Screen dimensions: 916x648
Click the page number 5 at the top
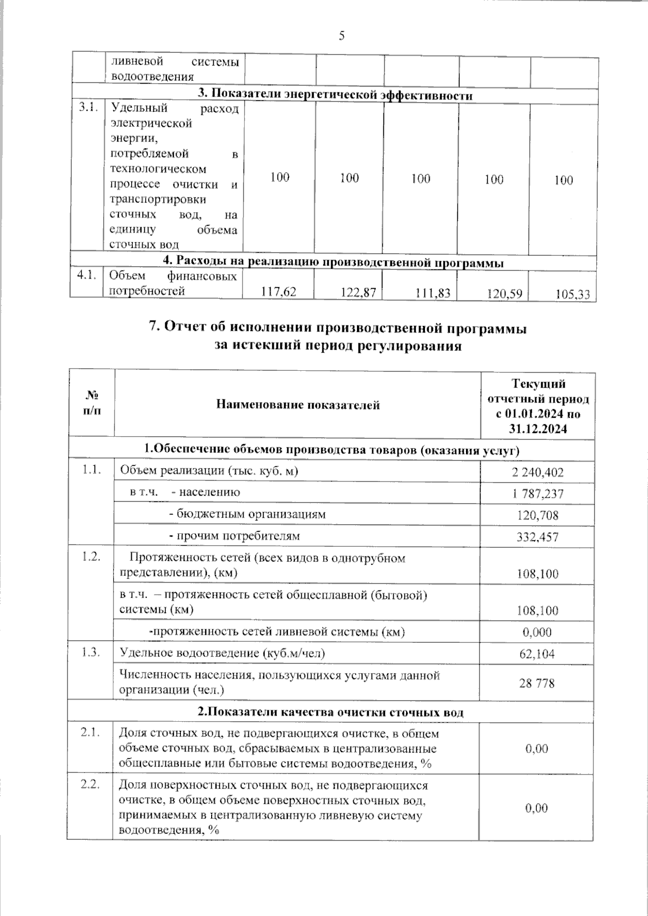[x=341, y=37]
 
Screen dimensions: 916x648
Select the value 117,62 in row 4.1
[x=279, y=292]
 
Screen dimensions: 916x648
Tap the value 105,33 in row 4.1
[x=572, y=295]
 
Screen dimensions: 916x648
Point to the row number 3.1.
[x=87, y=108]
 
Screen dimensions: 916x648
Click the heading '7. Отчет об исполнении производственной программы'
[x=337, y=328]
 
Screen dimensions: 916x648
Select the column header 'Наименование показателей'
[x=298, y=405]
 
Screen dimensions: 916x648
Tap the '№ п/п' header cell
[x=92, y=404]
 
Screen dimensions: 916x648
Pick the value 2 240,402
[x=537, y=473]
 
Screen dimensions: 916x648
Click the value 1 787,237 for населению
[x=537, y=494]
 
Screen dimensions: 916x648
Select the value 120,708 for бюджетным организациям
[x=537, y=515]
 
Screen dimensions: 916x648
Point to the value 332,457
[x=537, y=537]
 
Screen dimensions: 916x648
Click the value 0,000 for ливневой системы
[x=537, y=632]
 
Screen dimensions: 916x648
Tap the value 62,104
[x=537, y=654]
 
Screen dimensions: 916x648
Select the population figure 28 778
[x=537, y=683]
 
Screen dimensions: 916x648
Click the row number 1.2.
[x=91, y=557]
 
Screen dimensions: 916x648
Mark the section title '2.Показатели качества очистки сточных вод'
[x=330, y=712]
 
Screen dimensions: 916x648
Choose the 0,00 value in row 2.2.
[x=537, y=808]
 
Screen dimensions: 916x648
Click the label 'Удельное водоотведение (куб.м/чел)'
[x=222, y=653]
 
